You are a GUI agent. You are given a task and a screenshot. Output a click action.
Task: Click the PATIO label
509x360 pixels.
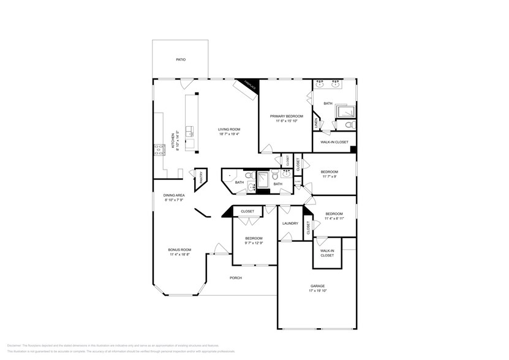(180, 59)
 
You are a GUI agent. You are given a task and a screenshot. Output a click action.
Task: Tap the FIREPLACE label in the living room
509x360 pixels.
(249, 85)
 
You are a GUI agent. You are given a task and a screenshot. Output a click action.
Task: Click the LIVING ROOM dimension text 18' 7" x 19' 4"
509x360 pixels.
(230, 134)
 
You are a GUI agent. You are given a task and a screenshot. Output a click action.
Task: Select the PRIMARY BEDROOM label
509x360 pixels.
(285, 116)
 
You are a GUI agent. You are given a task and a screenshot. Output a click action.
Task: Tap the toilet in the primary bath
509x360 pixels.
(349, 125)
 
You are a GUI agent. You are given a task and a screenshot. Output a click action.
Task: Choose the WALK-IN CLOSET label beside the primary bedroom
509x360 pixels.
(334, 142)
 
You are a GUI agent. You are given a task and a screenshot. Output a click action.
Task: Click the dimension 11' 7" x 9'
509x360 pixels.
(329, 177)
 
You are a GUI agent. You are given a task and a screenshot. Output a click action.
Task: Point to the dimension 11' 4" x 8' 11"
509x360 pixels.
(334, 218)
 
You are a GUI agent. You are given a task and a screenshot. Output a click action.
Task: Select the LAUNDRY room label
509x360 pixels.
(290, 223)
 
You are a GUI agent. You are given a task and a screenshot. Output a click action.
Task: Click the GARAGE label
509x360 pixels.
(317, 286)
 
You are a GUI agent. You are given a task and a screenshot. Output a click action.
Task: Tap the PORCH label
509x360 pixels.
(235, 278)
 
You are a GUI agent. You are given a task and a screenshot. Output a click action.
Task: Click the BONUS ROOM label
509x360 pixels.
(179, 250)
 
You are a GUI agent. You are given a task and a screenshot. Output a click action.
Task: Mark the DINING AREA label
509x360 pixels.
(174, 195)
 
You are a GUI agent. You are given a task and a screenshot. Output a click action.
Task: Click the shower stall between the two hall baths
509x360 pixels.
(262, 179)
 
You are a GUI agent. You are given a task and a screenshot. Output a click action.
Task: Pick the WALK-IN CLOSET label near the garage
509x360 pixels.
(327, 253)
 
